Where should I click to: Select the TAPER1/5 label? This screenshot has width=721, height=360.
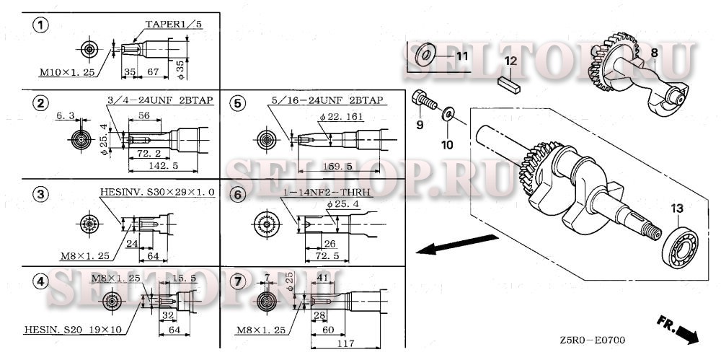[x=174, y=25]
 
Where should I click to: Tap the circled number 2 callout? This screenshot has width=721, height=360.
[x=42, y=102]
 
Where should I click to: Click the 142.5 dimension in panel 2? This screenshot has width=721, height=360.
[x=164, y=167]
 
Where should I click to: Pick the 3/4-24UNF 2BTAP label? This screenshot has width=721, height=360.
[x=160, y=100]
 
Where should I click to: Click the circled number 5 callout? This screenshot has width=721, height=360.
[x=237, y=102]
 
